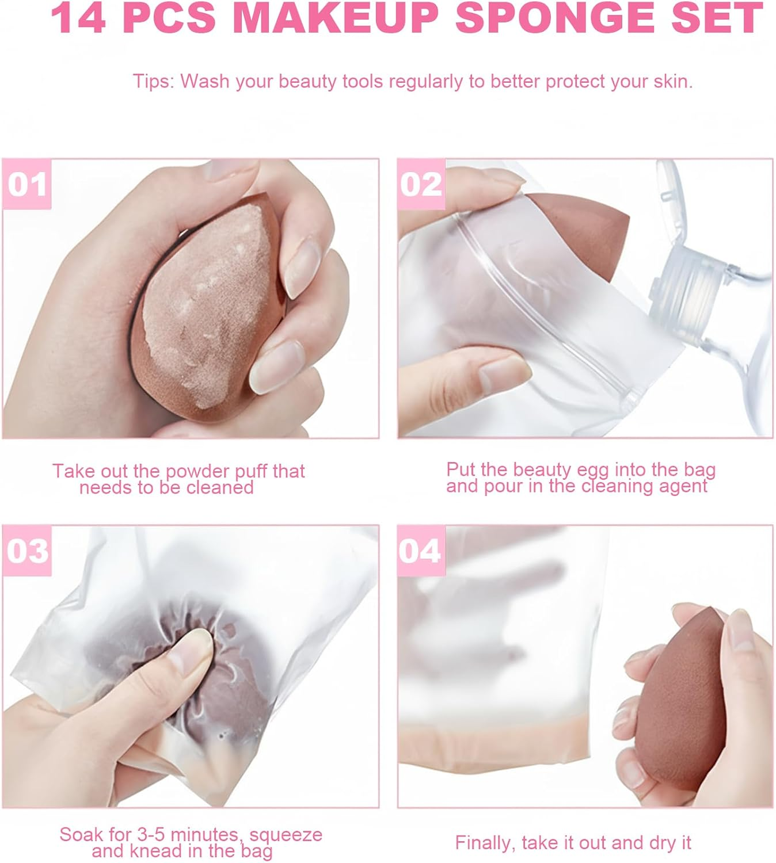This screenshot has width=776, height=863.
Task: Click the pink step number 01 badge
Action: (26, 184)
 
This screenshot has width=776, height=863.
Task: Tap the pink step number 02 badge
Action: (421, 184)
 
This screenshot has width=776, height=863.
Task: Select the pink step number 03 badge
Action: (26, 551)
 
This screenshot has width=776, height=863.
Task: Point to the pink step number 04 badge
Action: (421, 551)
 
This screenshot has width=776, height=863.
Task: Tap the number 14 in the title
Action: (78, 18)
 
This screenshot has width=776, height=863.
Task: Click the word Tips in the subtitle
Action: (153, 81)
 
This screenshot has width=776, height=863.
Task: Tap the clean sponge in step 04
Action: (681, 705)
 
